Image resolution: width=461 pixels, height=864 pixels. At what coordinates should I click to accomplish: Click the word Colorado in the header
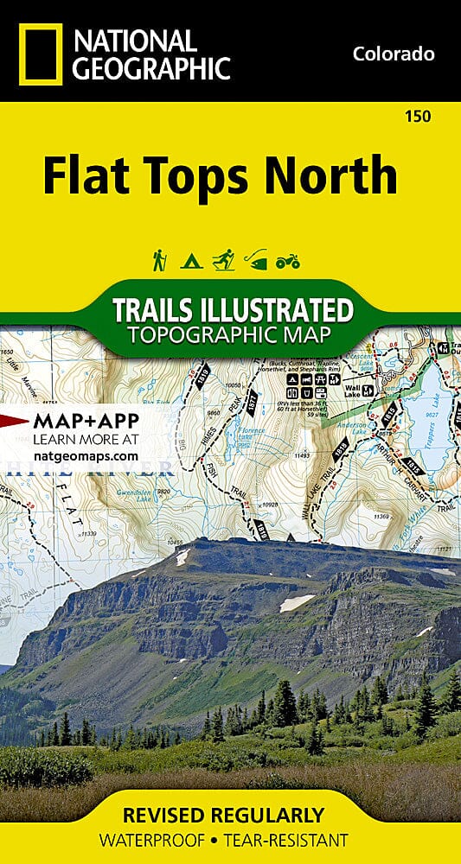(393, 54)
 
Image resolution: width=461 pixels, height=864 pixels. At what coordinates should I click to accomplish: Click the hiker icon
(159, 259)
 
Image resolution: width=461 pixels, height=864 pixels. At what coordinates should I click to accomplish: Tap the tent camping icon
(190, 259)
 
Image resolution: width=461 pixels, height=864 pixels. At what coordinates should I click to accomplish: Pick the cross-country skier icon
(223, 259)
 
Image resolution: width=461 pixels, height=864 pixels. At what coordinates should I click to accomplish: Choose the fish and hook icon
(255, 259)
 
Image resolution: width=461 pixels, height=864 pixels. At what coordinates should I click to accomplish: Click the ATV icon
(287, 260)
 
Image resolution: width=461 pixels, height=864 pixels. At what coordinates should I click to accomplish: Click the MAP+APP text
(83, 422)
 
